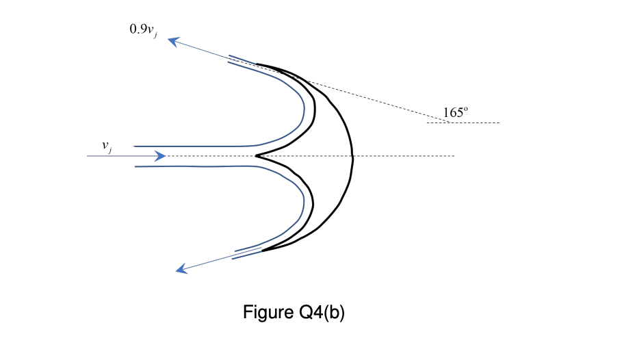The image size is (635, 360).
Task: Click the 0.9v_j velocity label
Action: [143, 31]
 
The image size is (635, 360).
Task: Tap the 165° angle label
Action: [455, 112]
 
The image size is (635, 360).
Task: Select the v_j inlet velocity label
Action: [107, 146]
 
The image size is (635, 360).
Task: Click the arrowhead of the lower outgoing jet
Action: [181, 270]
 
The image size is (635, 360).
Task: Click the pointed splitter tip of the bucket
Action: [257, 156]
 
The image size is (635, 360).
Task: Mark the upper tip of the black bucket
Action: [257, 64]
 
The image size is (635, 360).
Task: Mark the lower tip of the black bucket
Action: [262, 251]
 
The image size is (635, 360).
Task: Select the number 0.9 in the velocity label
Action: [137, 30]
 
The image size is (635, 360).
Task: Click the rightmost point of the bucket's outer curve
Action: [352, 157]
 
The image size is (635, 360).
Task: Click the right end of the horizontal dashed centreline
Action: [454, 156]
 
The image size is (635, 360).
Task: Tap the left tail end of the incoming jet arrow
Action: [88, 156]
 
